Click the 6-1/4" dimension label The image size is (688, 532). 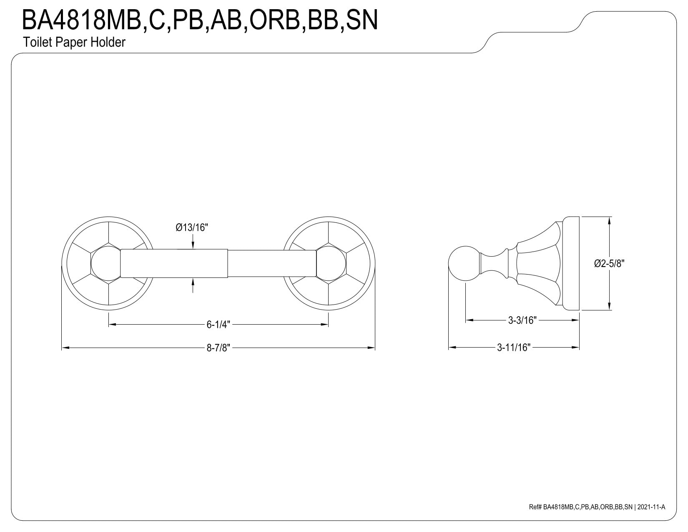click(x=218, y=325)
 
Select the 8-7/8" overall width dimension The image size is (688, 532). click(x=218, y=348)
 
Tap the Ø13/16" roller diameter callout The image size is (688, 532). click(x=192, y=227)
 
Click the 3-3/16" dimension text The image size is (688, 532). click(x=522, y=320)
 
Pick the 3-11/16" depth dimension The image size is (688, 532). click(x=514, y=348)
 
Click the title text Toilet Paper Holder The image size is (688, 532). click(x=74, y=42)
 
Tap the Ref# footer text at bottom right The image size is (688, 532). click(x=597, y=516)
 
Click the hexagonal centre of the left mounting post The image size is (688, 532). click(x=106, y=264)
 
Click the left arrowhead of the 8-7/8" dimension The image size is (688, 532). click(x=65, y=348)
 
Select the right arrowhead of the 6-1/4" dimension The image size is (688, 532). click(x=324, y=325)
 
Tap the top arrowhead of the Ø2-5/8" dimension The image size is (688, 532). click(x=610, y=221)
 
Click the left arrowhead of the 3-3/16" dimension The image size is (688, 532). click(x=469, y=320)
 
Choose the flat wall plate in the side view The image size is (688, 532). click(x=571, y=263)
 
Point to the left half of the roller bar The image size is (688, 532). click(x=174, y=264)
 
